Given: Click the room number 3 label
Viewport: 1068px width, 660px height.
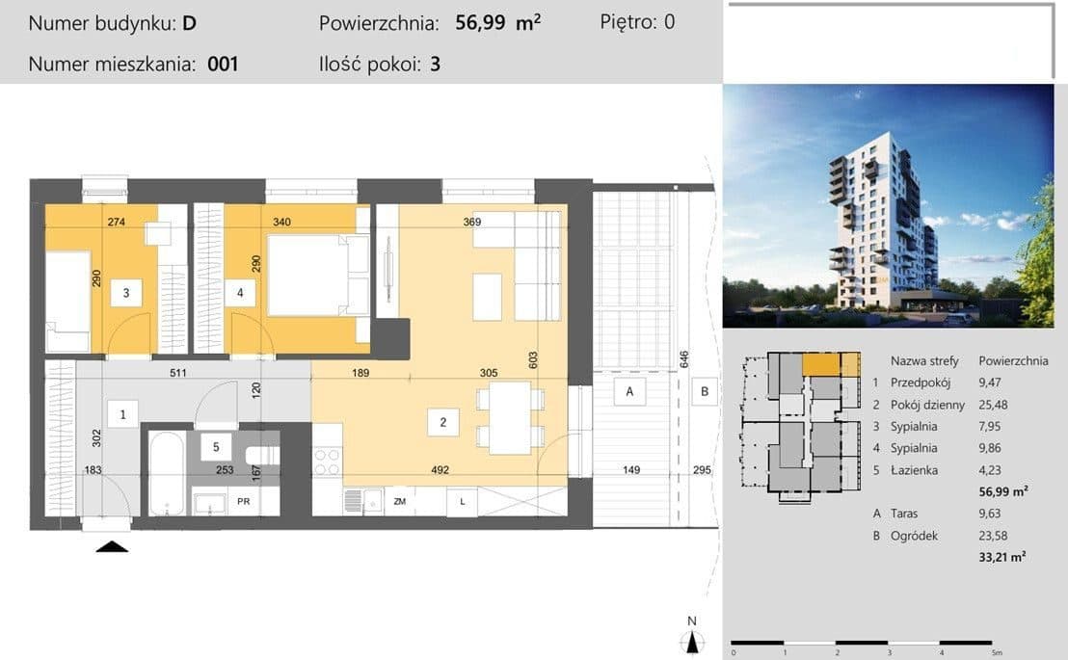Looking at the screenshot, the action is (x=126, y=293).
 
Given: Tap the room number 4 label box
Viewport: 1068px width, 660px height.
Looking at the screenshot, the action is (x=240, y=293).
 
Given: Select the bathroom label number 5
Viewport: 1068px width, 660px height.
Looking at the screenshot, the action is (x=216, y=447).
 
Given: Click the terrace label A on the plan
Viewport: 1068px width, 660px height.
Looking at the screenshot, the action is (x=629, y=391).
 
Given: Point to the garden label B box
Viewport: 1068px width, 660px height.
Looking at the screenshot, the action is (x=705, y=391).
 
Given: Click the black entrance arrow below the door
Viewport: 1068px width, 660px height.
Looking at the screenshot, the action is (x=113, y=546).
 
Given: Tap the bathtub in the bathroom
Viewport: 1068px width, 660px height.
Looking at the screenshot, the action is (x=166, y=474).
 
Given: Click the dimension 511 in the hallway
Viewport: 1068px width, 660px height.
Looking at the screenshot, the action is (x=177, y=373).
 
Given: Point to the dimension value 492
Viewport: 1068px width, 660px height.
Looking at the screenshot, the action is (x=440, y=469).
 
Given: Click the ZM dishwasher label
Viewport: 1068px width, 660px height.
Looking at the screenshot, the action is (x=400, y=501).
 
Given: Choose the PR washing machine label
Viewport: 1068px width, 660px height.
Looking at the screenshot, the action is (x=244, y=501).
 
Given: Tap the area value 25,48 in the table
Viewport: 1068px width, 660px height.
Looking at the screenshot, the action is (x=993, y=405).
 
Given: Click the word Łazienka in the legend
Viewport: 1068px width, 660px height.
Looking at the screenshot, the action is (x=914, y=470).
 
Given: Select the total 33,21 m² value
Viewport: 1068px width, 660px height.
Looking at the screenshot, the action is (x=1001, y=557).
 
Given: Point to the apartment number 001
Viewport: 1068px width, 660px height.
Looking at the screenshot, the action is (x=223, y=64).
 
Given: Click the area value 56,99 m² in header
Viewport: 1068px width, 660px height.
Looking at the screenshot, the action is (x=498, y=22).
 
